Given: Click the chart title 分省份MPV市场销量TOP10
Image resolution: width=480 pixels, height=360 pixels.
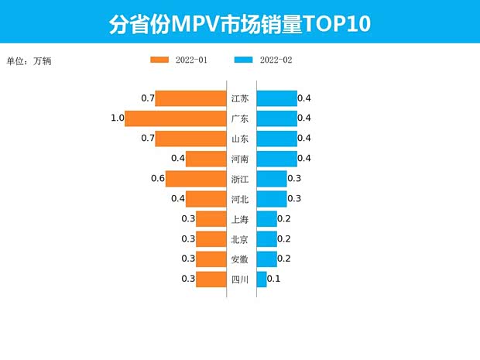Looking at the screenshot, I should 240,23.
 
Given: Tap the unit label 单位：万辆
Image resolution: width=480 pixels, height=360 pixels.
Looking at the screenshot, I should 31,60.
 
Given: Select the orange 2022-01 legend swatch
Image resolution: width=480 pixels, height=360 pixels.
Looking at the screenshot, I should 159,60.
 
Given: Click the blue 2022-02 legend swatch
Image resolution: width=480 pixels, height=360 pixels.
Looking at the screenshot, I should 244,60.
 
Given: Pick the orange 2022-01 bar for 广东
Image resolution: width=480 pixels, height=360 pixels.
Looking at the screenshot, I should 175,118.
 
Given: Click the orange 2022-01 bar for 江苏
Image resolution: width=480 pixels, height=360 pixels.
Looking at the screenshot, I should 190,98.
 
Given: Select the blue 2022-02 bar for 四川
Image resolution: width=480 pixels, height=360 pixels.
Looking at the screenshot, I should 261,279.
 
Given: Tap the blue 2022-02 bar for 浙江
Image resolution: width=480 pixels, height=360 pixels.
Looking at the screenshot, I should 271,179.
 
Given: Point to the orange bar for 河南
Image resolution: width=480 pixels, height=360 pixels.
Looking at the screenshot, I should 205,159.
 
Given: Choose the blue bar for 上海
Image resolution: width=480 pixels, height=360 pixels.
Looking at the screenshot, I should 266,219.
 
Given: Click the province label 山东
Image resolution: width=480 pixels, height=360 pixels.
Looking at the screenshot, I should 240,139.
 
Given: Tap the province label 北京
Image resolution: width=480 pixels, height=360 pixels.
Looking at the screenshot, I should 240,239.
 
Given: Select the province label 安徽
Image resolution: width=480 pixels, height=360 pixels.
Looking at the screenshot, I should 240,259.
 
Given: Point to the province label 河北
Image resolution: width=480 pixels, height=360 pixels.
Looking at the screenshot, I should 240,199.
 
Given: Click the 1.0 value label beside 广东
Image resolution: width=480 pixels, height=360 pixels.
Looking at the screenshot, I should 117,118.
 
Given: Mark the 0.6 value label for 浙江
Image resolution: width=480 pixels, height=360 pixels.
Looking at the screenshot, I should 158,179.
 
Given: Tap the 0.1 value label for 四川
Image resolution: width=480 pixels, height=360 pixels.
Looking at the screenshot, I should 273,279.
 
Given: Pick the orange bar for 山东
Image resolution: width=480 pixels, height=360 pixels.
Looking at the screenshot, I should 190,139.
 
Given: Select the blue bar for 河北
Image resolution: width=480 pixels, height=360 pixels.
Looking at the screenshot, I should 271,199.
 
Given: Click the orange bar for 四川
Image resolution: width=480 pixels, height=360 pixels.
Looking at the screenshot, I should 211,279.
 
